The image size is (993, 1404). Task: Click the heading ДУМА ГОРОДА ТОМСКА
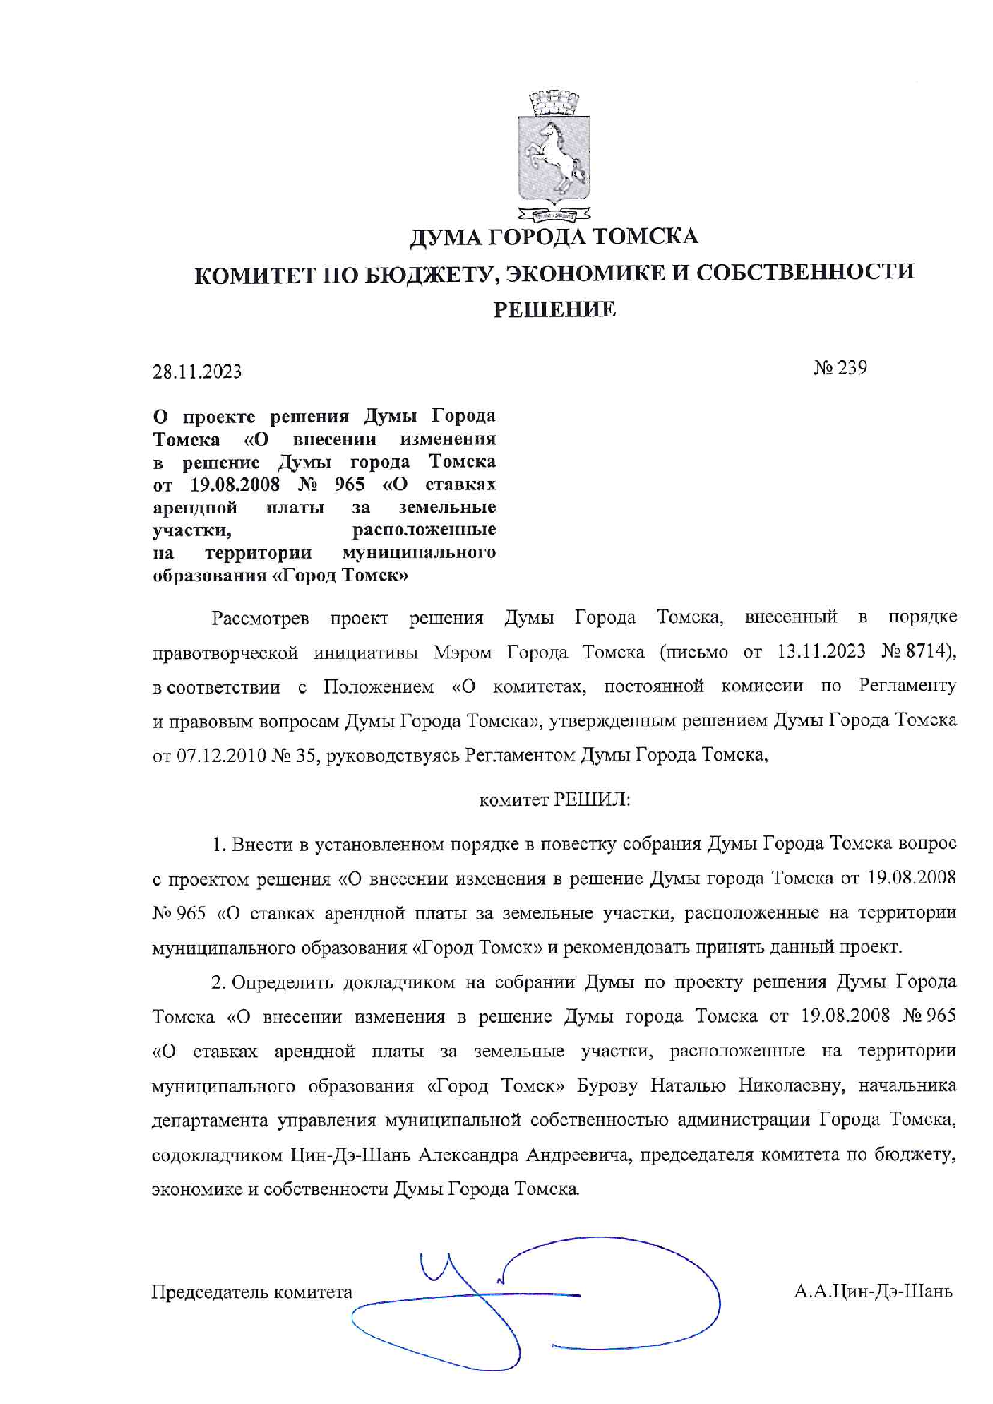pos(554,237)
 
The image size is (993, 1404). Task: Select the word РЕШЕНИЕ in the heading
pos(554,309)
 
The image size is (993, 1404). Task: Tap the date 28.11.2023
pos(197,372)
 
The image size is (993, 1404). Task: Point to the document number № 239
pos(840,368)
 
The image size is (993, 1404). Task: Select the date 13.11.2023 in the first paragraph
pos(821,651)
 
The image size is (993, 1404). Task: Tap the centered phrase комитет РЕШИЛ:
pos(554,799)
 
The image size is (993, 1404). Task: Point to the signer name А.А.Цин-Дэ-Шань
pos(873,1291)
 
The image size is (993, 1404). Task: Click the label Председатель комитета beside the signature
pos(251,1292)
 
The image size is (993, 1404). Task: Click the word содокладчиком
pos(217,1155)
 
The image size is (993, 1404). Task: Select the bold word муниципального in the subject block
pos(418,553)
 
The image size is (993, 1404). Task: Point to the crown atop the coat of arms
pos(554,103)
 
